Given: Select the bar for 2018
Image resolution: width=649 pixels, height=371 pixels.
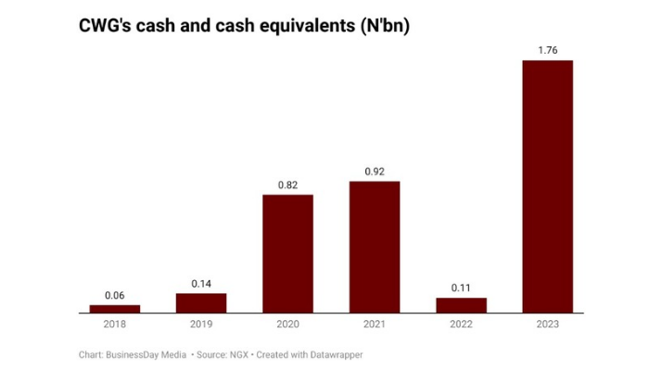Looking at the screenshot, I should click(115, 309).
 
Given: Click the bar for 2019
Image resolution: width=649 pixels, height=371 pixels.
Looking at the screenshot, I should click(201, 303).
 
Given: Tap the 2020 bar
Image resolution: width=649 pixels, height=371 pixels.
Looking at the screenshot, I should click(287, 254).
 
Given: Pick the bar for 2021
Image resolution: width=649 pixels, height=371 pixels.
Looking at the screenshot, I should click(375, 247).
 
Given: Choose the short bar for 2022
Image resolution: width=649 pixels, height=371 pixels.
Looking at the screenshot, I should click(461, 305).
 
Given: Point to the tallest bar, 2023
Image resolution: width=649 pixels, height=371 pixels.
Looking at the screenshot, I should click(548, 186).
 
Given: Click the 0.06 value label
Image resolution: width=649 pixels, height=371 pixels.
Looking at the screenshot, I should click(115, 296).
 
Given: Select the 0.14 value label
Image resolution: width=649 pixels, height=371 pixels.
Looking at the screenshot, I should click(201, 283).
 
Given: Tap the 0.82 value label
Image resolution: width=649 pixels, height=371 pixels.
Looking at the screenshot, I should click(287, 185).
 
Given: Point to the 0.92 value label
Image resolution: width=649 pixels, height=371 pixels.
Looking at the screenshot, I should click(375, 171).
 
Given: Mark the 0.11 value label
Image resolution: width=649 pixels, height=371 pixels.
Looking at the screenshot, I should click(461, 288).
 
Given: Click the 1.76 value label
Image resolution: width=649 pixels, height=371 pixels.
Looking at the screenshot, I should click(548, 49).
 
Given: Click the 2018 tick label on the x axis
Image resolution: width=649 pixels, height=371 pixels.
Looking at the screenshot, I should click(115, 325).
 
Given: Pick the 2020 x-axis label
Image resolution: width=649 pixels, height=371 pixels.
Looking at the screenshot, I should click(287, 325).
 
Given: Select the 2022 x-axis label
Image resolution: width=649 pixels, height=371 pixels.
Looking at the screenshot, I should click(461, 325).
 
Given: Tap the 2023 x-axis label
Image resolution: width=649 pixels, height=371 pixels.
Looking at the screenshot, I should click(548, 325).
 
